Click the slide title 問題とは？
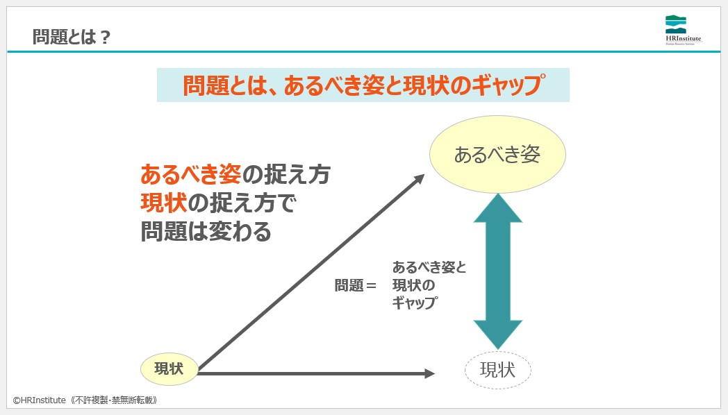tap(72, 37)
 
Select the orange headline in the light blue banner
tap(363, 85)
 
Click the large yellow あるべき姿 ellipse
tap(497, 154)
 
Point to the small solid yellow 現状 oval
tap(169, 369)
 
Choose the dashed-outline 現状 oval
tap(497, 371)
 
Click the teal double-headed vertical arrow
tap(497, 271)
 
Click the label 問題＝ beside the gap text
tap(355, 285)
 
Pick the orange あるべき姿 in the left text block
tap(190, 173)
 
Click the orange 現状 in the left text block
tap(163, 203)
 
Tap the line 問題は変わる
tap(206, 232)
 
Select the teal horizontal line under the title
tap(364, 51)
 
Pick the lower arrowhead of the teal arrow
tap(497, 334)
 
